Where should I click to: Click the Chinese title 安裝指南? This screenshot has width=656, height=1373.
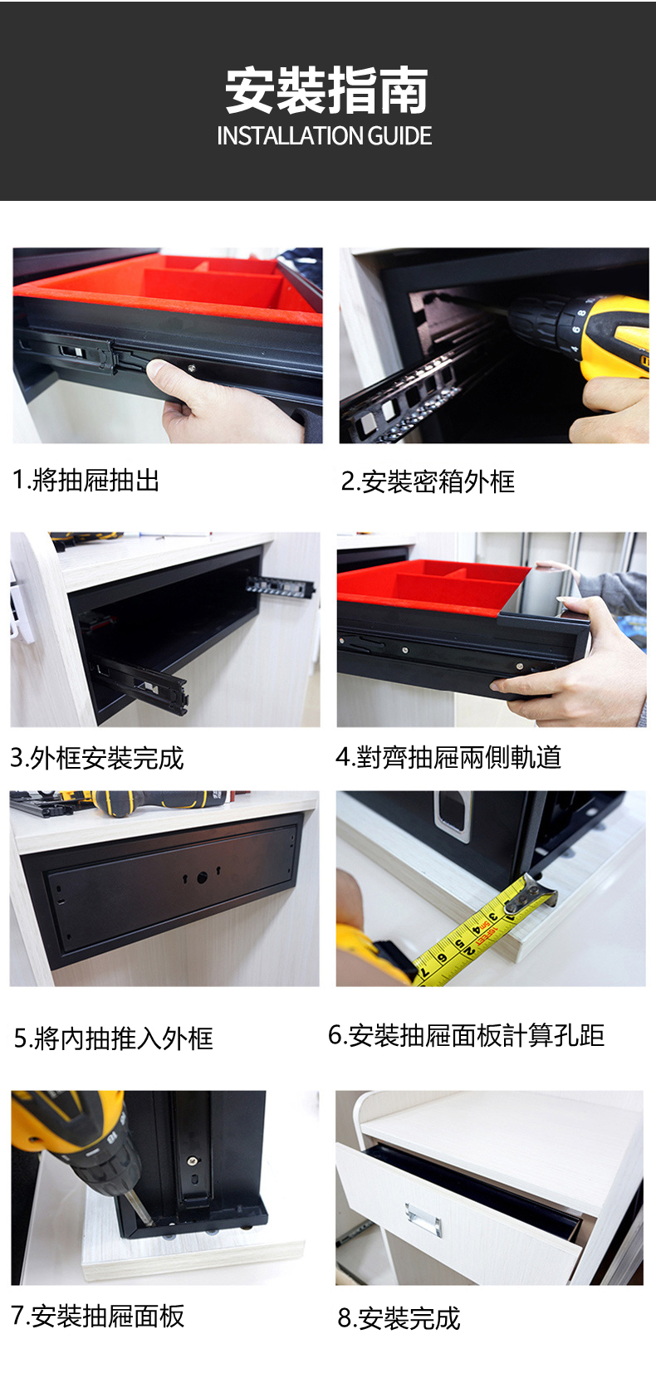[x=327, y=91]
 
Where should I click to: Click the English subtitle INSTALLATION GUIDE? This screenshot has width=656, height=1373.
[x=325, y=135]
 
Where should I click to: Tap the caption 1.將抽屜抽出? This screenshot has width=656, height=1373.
[x=86, y=480]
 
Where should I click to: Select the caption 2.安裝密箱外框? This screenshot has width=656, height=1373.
[x=428, y=481]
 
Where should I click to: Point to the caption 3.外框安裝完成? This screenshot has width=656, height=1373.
[x=97, y=758]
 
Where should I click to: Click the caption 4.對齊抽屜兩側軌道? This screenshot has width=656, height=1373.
[x=448, y=757]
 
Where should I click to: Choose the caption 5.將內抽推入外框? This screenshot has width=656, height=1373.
[x=114, y=1038]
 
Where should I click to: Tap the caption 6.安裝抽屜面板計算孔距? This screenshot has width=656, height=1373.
[x=467, y=1035]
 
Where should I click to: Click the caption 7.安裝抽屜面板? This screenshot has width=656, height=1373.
[x=97, y=1316]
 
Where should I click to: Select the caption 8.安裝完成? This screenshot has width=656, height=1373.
[x=399, y=1318]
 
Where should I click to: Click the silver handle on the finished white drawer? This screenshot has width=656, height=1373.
[x=423, y=1217]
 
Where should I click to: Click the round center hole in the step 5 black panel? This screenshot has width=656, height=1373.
[x=203, y=878]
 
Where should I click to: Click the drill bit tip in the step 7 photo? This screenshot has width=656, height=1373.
[x=150, y=1222]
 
